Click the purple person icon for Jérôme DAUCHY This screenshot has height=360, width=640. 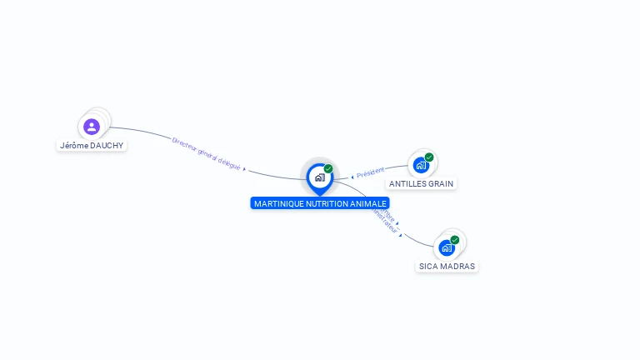coord(92,127)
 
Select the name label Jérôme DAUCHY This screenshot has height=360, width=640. coord(92,145)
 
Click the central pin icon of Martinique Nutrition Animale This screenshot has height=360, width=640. coord(319,177)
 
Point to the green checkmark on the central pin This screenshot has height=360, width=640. coord(328,168)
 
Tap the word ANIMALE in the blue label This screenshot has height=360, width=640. coord(371,203)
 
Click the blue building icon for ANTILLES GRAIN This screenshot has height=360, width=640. coord(421,165)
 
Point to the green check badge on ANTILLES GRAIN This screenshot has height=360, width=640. coord(429,157)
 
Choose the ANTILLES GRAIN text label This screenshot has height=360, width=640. coord(422,183)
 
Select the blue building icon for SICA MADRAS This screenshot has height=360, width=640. coord(447,247)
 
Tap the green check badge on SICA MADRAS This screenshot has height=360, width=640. coord(455,240)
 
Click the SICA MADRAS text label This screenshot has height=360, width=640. coord(447,267)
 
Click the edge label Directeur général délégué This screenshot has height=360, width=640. coord(206,153)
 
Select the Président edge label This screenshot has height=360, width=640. coord(370,172)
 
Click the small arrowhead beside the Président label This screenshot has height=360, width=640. coord(352,177)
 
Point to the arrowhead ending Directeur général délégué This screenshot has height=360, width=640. coord(244,168)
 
